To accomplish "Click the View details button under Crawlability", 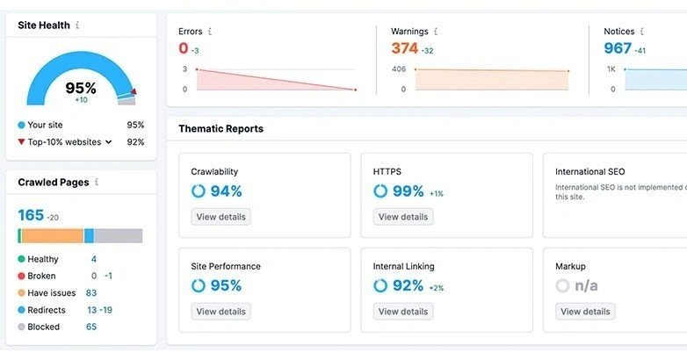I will tap(221, 217).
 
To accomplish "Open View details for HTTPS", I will tap(403, 217).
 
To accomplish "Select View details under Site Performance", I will tap(221, 312).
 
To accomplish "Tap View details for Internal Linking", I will tap(403, 312).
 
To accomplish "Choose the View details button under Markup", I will tap(585, 312).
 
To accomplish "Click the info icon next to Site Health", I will tap(77, 25).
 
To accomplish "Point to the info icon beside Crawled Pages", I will tap(97, 183).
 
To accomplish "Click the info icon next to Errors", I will tap(209, 32).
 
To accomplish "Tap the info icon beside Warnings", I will tap(436, 32).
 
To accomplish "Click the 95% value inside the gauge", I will tap(81, 88).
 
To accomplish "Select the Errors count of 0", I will tap(184, 48).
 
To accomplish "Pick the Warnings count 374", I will tap(404, 48).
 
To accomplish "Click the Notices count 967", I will tap(618, 48).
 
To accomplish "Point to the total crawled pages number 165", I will tap(31, 215).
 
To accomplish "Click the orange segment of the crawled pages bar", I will tap(52, 235).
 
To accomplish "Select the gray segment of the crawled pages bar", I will tap(118, 235).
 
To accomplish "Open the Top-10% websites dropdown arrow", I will tap(109, 141).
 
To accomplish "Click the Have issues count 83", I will tap(91, 293).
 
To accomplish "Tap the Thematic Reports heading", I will tap(221, 129).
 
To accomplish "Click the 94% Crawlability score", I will tap(226, 191).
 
